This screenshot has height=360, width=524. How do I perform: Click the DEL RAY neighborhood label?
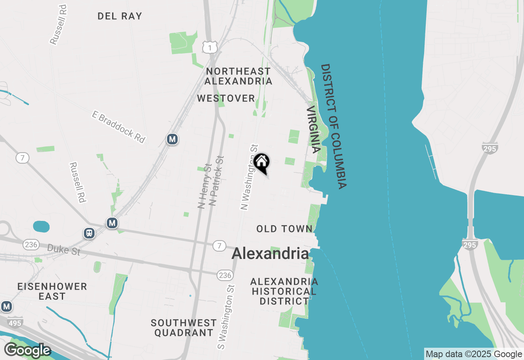[120, 16]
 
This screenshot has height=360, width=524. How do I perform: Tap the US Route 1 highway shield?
[209, 47]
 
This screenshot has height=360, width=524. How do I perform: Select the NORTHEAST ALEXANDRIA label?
[238, 76]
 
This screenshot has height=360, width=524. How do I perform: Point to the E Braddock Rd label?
[118, 127]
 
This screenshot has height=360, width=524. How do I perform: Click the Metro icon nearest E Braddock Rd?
[172, 139]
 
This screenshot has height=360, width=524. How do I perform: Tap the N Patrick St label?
[216, 180]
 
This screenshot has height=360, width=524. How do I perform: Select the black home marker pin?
[261, 162]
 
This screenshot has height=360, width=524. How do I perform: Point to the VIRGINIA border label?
[313, 129]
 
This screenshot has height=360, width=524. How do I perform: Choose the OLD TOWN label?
[285, 229]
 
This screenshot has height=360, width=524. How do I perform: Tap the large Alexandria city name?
[270, 254]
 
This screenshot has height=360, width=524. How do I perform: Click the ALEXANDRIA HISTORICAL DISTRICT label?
[284, 291]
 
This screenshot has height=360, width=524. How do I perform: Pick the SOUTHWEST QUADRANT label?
[184, 328]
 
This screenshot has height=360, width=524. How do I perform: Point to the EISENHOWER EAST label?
[52, 291]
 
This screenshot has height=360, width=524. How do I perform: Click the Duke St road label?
[63, 250]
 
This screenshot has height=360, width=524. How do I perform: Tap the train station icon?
[89, 233]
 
